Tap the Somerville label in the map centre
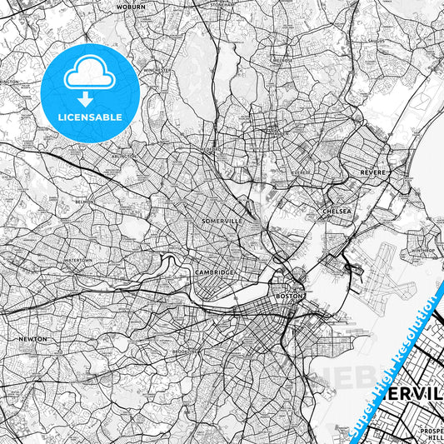pos(221,221)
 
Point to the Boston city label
pos(287,296)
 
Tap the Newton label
pos(29,340)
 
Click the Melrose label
pos(282,60)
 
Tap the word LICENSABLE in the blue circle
pos(90,117)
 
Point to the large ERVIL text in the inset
pos(403,389)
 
